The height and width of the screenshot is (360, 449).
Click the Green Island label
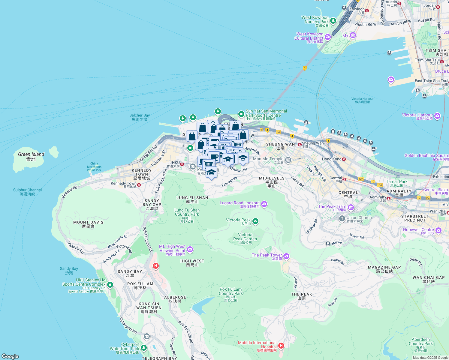tap(31, 156)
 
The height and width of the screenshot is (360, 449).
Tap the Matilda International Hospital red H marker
tap(281, 346)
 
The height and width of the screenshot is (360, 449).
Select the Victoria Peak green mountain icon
tap(255, 221)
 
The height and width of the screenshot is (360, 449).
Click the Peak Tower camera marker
tap(286, 256)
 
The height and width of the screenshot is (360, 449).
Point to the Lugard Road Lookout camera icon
tap(264, 204)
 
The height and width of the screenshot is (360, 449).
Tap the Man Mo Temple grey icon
tap(288, 160)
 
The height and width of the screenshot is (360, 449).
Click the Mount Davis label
tap(88, 224)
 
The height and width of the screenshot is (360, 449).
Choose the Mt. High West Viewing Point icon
tap(190, 249)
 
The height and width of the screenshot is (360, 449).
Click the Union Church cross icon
tap(342, 219)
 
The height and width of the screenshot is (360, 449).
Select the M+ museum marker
tap(353, 36)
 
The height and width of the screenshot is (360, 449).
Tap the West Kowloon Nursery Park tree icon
tap(333, 21)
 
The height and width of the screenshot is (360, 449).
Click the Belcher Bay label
tap(140, 117)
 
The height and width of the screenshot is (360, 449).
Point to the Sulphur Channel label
tap(27, 192)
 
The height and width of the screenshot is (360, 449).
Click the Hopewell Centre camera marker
tap(438, 230)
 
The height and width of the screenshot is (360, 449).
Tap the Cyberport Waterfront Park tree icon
tap(144, 348)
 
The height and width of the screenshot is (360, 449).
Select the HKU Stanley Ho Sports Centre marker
tap(110, 285)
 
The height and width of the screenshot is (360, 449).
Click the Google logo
tap(10, 356)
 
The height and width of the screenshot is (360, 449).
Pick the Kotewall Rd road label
tap(229, 181)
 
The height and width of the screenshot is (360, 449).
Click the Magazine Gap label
tap(384, 269)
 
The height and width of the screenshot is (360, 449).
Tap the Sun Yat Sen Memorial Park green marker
tap(241, 114)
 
